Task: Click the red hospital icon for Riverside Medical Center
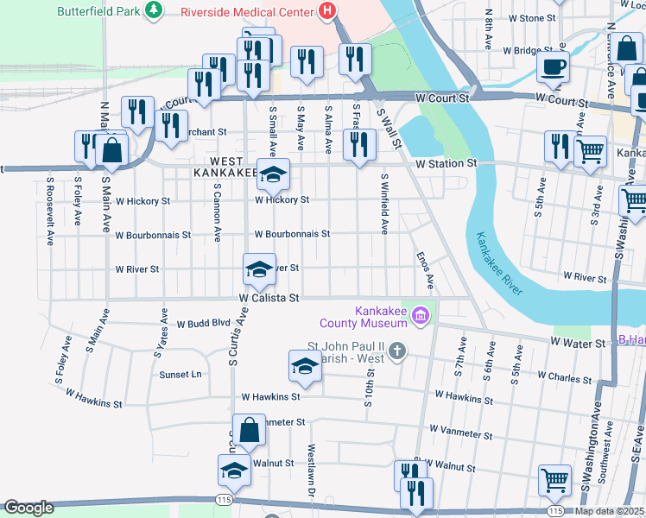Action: pyautogui.click(x=326, y=12)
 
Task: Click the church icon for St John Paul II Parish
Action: pyautogui.click(x=396, y=351)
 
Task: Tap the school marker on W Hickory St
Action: pyautogui.click(x=273, y=176)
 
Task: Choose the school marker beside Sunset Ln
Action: pyautogui.click(x=305, y=366)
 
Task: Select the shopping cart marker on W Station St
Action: pyautogui.click(x=590, y=151)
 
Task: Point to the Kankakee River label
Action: pyautogui.click(x=499, y=262)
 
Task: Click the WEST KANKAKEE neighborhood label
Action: pyautogui.click(x=232, y=167)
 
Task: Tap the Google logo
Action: pyautogui.click(x=28, y=508)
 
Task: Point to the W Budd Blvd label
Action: pyautogui.click(x=204, y=325)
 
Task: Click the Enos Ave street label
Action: pyautogui.click(x=424, y=270)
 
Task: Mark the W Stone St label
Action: pyautogui.click(x=532, y=18)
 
